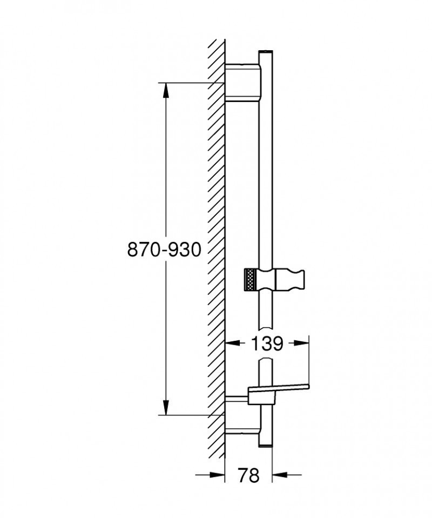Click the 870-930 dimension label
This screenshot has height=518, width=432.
(x=164, y=250)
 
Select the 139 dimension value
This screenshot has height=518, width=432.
(x=266, y=343)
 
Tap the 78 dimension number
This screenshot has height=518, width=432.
(x=248, y=475)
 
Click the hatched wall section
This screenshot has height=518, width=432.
(x=217, y=248)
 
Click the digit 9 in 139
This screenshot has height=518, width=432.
(x=275, y=343)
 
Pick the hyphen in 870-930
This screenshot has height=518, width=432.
(x=163, y=251)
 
